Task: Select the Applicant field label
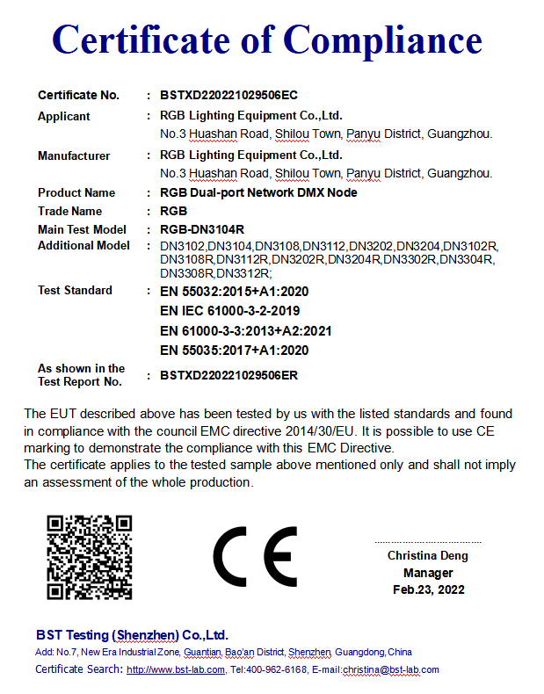click(x=64, y=116)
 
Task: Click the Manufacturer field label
click(x=74, y=155)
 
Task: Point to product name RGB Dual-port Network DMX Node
click(x=258, y=192)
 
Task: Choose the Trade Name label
click(x=69, y=211)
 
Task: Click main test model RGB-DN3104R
click(x=201, y=229)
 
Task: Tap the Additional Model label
click(x=83, y=246)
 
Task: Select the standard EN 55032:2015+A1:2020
click(x=235, y=291)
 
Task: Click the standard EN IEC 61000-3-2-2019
click(x=230, y=311)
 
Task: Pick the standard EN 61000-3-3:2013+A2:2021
click(x=245, y=331)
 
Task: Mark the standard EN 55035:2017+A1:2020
click(x=235, y=351)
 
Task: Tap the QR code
click(x=89, y=558)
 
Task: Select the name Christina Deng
click(x=428, y=555)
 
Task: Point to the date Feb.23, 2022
click(x=428, y=589)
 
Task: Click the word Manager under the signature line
click(x=428, y=573)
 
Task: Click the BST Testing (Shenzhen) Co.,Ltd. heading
click(x=132, y=635)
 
